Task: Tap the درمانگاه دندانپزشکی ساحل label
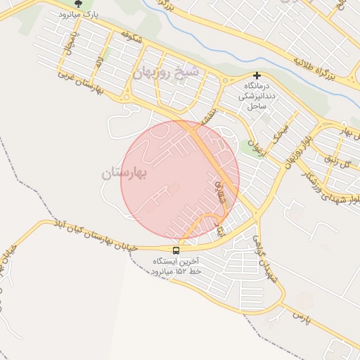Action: pyautogui.click(x=257, y=96)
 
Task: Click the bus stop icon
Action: pyautogui.click(x=176, y=250)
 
